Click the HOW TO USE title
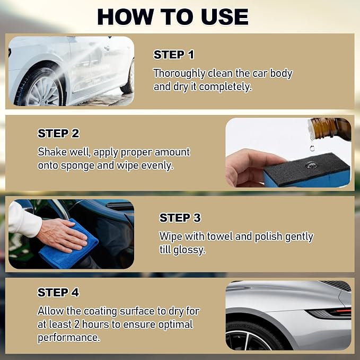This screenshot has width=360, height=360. click(x=173, y=17)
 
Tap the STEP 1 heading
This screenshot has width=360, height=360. click(x=173, y=55)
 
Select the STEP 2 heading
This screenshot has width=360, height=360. click(x=58, y=134)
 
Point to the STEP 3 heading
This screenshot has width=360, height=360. click(x=180, y=218)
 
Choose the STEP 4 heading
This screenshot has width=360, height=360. click(x=58, y=293)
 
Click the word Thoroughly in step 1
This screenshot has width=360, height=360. click(x=179, y=74)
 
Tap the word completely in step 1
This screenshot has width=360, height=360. click(x=225, y=87)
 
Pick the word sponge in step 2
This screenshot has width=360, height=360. click(x=77, y=166)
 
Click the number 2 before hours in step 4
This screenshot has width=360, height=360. click(x=77, y=324)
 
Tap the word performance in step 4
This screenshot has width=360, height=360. click(x=69, y=338)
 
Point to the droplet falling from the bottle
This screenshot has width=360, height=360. click(x=312, y=148)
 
